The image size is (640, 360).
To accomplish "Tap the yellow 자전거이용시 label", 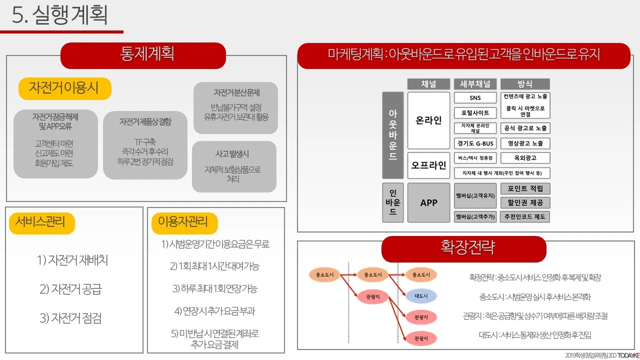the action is click(64, 88).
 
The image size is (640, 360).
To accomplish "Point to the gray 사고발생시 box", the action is click(234, 166).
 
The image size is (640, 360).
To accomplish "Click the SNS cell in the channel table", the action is click(475, 98).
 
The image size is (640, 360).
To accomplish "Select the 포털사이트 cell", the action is click(475, 113).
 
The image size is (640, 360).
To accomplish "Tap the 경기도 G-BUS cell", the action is click(475, 143).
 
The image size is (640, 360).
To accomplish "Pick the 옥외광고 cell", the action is click(525, 158).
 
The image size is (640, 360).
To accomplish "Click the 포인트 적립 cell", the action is click(525, 188).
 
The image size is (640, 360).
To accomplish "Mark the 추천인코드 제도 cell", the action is click(525, 217).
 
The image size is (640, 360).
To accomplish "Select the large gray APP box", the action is click(428, 202).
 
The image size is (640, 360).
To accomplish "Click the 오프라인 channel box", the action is click(428, 165).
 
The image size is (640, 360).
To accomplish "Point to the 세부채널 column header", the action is click(475, 84).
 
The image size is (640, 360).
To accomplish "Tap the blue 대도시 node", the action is click(420, 296).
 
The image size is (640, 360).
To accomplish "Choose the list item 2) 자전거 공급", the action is click(70, 289).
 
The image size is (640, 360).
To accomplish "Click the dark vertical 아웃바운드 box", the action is click(392, 135).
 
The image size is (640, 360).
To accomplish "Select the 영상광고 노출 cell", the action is click(525, 143).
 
